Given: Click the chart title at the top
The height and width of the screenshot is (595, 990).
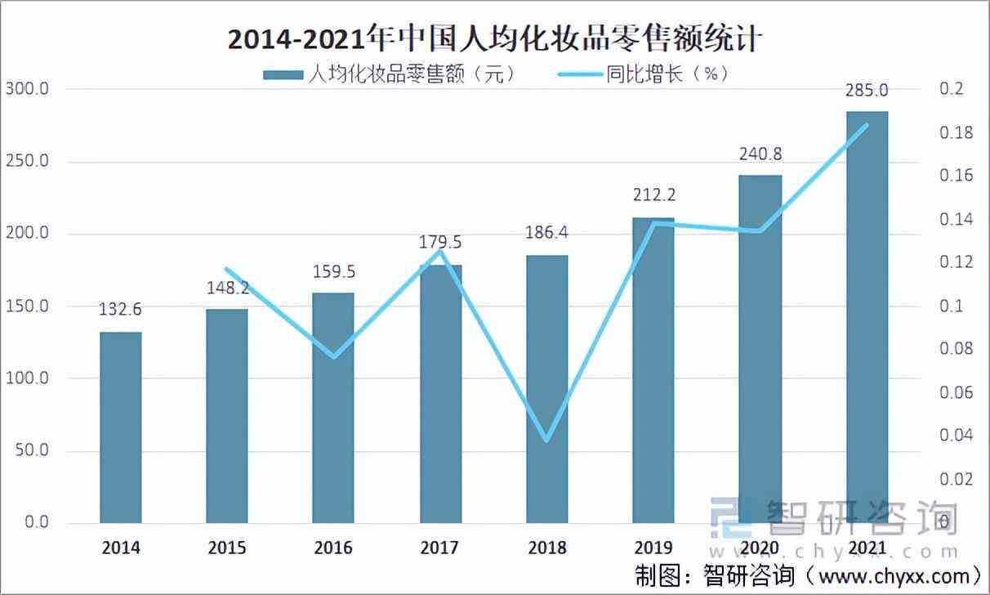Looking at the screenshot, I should [x=494, y=38].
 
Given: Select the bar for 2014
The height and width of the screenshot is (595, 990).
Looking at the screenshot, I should [x=120, y=427].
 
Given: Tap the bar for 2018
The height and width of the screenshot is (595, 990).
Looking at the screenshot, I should [x=547, y=389].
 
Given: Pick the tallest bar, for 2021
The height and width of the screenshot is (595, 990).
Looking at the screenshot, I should [x=867, y=317].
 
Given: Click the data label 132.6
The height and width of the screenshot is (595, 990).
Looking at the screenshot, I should [x=120, y=310].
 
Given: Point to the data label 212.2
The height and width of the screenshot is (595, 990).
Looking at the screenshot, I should [x=653, y=195].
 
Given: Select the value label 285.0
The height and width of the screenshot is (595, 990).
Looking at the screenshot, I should [x=867, y=89].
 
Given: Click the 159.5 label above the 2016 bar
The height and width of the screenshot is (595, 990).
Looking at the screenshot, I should [x=333, y=271].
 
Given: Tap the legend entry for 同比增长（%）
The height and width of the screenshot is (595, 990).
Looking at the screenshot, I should [x=643, y=74].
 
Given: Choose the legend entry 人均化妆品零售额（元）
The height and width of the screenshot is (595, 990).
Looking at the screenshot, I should [x=390, y=74].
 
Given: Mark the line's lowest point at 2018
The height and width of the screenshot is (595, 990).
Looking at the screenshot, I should [x=547, y=440].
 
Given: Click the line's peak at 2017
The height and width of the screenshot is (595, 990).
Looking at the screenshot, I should [x=440, y=251].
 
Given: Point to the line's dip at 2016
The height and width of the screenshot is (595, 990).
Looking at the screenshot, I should [x=333, y=356].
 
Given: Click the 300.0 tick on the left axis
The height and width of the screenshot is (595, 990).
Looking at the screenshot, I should [x=27, y=88].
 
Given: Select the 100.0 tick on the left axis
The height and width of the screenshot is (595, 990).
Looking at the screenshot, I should [x=27, y=378].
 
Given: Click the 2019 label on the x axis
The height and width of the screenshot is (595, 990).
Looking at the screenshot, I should [x=653, y=548].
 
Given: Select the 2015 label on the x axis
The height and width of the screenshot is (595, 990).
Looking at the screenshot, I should [x=226, y=548].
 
